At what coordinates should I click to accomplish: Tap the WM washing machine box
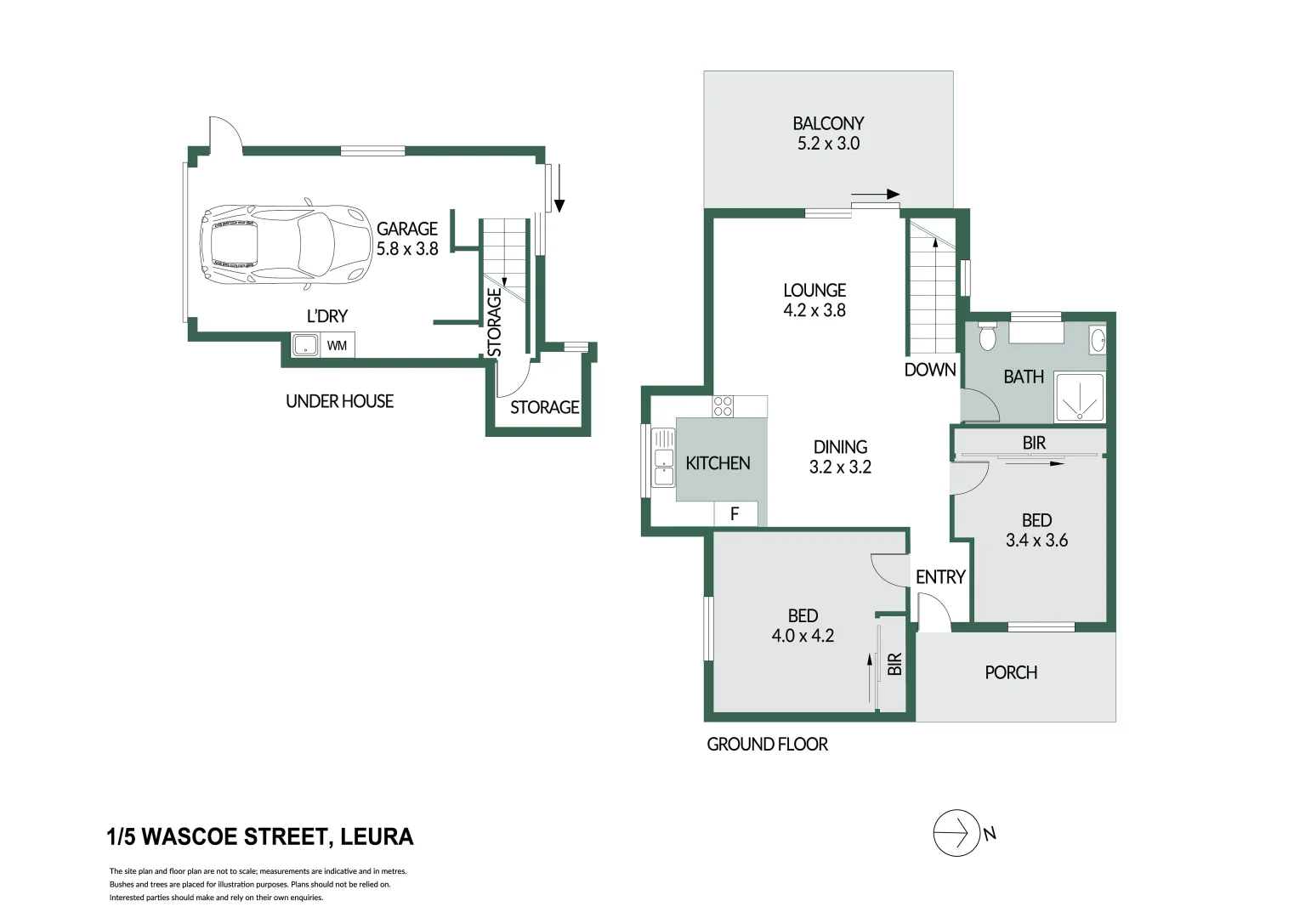point(337,346)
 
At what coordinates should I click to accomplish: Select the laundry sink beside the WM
point(304,346)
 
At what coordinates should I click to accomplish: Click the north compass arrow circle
point(956,833)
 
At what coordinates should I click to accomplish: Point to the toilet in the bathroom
point(987,337)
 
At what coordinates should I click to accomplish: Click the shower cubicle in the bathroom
point(1079,398)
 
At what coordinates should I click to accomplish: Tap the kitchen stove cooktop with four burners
point(723,406)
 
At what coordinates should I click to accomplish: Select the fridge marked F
point(735,513)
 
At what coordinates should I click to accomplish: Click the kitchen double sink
point(663,458)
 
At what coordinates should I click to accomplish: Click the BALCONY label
point(828,123)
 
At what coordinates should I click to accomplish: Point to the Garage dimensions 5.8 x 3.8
point(407,249)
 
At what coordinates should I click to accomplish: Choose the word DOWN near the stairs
point(930,370)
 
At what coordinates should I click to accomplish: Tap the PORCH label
point(1011,672)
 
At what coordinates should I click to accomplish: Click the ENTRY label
point(940,577)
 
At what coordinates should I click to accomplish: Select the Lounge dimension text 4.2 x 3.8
point(814,310)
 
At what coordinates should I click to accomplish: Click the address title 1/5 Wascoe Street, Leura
point(260,837)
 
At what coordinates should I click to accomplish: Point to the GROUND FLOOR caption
point(767,745)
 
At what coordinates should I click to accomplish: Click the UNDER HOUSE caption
point(339,401)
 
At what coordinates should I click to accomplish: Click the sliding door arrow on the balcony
point(875,195)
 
